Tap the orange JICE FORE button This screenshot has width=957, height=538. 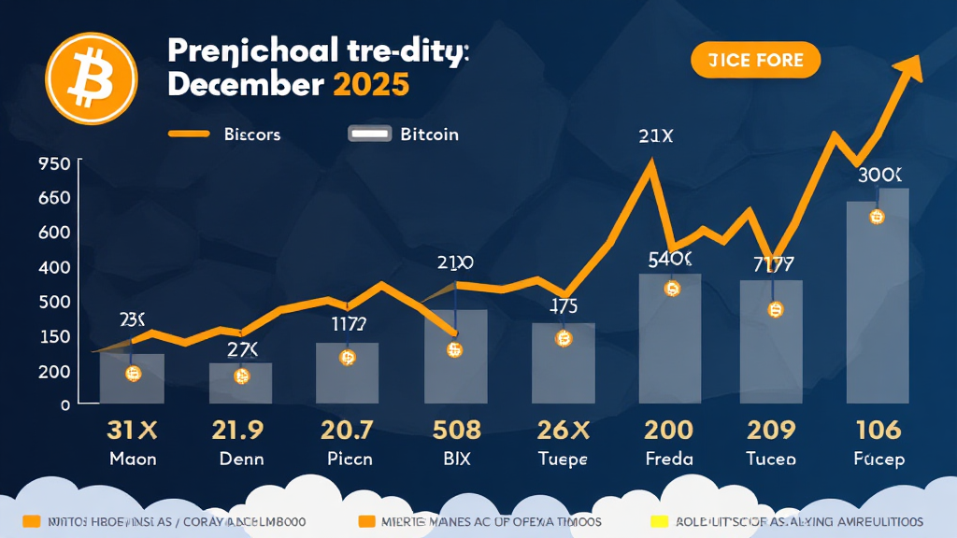pyautogui.click(x=754, y=61)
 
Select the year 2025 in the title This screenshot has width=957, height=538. pyautogui.click(x=370, y=83)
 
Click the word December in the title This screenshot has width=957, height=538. pyautogui.click(x=245, y=83)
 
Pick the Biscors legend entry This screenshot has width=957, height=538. pyautogui.click(x=225, y=134)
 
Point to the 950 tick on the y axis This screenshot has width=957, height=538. pyautogui.click(x=55, y=164)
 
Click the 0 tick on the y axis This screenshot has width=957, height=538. pyautogui.click(x=65, y=405)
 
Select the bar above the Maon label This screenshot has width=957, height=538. pyautogui.click(x=132, y=378)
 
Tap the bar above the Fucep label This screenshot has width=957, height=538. pyautogui.click(x=877, y=296)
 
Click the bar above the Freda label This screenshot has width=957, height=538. pyautogui.click(x=670, y=338)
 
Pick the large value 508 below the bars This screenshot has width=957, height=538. pyautogui.click(x=457, y=431)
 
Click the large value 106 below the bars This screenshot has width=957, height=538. pyautogui.click(x=878, y=431)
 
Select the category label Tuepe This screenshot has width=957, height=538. pyautogui.click(x=563, y=459)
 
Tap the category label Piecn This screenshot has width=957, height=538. pyautogui.click(x=349, y=459)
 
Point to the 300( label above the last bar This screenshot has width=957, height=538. pyautogui.click(x=879, y=175)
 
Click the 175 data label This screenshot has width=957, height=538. pyautogui.click(x=563, y=304)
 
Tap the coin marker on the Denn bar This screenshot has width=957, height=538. pyautogui.click(x=241, y=376)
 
